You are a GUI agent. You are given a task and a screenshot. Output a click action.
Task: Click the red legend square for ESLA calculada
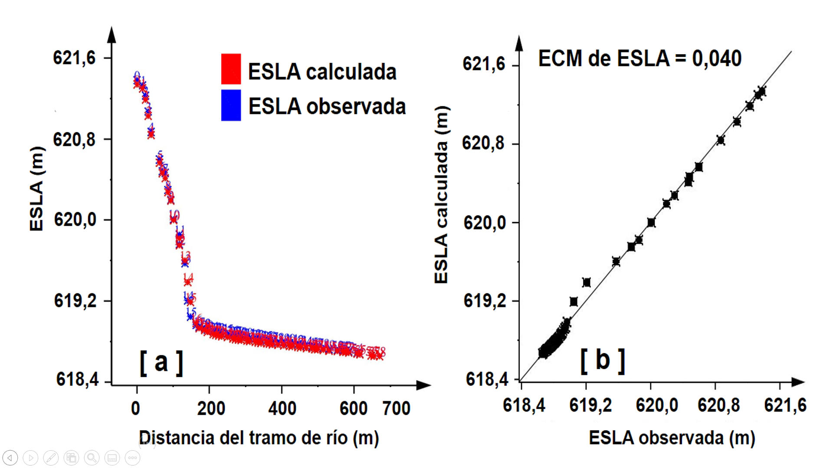tap(231, 69)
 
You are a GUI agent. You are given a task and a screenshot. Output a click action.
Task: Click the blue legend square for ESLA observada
tap(231, 105)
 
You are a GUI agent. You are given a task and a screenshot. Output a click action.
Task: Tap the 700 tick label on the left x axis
tap(396, 408)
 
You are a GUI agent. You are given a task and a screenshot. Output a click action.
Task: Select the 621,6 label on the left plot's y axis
tap(74, 58)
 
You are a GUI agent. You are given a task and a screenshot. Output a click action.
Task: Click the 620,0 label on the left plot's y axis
tap(75, 220)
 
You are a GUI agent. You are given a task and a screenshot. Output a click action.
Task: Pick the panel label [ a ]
tap(161, 362)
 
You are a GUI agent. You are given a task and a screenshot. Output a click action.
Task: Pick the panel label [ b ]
tap(603, 360)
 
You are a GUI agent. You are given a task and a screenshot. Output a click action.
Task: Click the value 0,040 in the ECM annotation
tap(717, 58)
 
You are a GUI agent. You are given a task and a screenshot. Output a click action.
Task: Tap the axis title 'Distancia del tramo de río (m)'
tap(259, 438)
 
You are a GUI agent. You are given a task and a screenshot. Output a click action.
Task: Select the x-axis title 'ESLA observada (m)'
tap(672, 438)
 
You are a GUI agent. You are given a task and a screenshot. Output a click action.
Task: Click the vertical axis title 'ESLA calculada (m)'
tap(441, 195)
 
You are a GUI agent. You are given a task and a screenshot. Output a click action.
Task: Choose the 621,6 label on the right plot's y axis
tap(484, 64)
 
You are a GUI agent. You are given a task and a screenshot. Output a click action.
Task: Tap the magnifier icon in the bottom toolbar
tap(92, 458)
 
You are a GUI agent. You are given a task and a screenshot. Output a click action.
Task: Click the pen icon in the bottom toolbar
tap(51, 458)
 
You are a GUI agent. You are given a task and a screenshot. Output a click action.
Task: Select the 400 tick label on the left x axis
tap(282, 408)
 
